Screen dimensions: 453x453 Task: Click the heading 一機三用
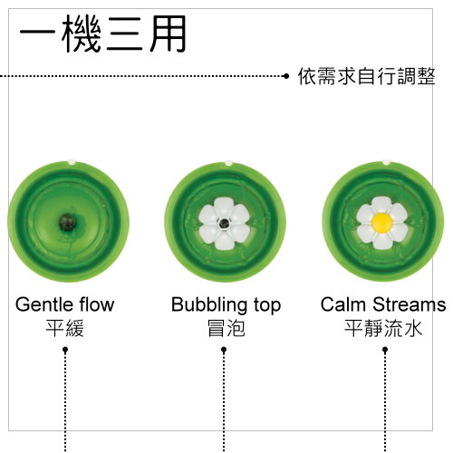[102, 34]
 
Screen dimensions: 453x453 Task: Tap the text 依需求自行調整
[367, 76]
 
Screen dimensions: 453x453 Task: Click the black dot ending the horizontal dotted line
[286, 76]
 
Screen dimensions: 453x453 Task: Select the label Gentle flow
[65, 304]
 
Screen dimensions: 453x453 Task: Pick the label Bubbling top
[226, 305]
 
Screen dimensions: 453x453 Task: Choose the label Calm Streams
[383, 304]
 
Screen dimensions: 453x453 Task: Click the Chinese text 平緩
[65, 328]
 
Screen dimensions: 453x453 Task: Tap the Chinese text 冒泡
[226, 328]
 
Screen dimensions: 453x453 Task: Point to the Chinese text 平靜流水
[383, 328]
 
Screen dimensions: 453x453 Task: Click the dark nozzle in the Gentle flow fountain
[67, 222]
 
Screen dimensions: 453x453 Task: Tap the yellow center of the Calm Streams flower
[382, 222]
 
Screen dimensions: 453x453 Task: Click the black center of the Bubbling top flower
[224, 224]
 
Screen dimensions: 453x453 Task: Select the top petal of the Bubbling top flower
[224, 207]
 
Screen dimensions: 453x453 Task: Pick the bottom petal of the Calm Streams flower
[382, 239]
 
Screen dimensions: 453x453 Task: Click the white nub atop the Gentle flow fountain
[72, 161]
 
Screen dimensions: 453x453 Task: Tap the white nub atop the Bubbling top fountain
[228, 163]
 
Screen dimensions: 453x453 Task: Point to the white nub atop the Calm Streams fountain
[386, 162]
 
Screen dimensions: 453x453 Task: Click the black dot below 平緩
[65, 350]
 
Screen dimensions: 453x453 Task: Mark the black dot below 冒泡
[224, 350]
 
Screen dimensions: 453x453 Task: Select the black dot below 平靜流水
[385, 350]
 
